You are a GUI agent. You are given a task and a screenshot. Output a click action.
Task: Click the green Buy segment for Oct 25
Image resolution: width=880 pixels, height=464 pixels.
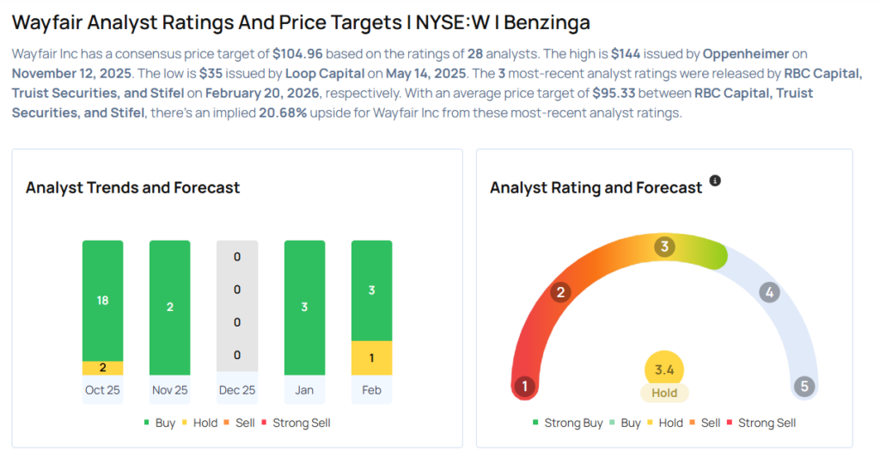[x=103, y=300]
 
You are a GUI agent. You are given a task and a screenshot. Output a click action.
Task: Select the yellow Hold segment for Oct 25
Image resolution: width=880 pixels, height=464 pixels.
[x=103, y=368]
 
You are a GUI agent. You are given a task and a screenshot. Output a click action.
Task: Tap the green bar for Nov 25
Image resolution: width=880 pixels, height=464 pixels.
[x=169, y=308]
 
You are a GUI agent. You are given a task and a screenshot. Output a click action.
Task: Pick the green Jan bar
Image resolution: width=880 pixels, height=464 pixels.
[x=304, y=308]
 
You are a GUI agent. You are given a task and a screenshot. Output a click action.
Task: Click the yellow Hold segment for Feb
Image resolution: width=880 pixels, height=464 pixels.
[x=371, y=357]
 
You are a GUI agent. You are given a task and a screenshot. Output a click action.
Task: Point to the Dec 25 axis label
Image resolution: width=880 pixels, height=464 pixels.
[x=237, y=390]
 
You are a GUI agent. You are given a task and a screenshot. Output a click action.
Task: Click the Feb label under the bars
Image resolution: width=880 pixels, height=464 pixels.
[x=371, y=390]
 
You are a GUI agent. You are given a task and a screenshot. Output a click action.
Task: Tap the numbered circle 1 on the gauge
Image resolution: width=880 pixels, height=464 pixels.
[x=523, y=387]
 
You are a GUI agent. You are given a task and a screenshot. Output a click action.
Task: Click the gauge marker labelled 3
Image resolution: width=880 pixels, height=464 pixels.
[x=663, y=247]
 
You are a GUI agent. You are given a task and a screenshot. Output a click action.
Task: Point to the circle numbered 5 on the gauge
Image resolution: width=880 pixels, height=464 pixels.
[x=804, y=387]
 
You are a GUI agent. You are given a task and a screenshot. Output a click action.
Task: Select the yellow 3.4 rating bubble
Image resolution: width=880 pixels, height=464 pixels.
[x=664, y=370]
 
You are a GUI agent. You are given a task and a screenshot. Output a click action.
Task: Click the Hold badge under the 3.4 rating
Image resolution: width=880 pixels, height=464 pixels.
[x=664, y=394]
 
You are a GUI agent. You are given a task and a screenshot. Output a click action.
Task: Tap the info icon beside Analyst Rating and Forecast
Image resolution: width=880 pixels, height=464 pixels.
[x=715, y=181]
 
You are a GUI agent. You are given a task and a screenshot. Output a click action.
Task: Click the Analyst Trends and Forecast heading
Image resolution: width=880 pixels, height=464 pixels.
[x=132, y=187]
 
